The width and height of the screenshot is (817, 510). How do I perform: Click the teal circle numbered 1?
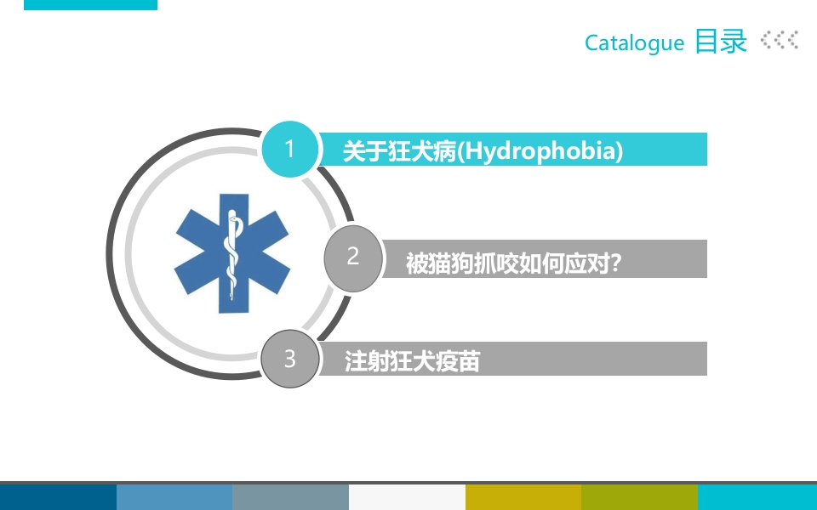(x=289, y=150)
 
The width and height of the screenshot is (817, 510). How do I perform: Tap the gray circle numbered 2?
(x=353, y=256)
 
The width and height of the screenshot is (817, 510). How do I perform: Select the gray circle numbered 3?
(x=289, y=359)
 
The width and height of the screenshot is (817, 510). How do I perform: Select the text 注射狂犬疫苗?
(x=412, y=361)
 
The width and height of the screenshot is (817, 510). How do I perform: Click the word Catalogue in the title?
(x=634, y=42)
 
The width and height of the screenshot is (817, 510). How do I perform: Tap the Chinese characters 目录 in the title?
(x=721, y=41)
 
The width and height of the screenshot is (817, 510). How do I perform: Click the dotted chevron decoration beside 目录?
(x=779, y=40)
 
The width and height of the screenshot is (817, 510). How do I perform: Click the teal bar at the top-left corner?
(x=90, y=4)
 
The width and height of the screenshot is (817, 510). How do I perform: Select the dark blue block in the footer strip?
(x=58, y=497)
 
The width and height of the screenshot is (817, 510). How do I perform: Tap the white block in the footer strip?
(x=407, y=497)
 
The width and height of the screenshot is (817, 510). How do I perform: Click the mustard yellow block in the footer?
(x=523, y=497)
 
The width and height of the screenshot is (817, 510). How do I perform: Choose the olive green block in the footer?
(x=639, y=497)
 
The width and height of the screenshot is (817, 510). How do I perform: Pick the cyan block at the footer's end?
(x=757, y=497)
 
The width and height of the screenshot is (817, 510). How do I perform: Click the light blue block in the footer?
(x=174, y=497)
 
